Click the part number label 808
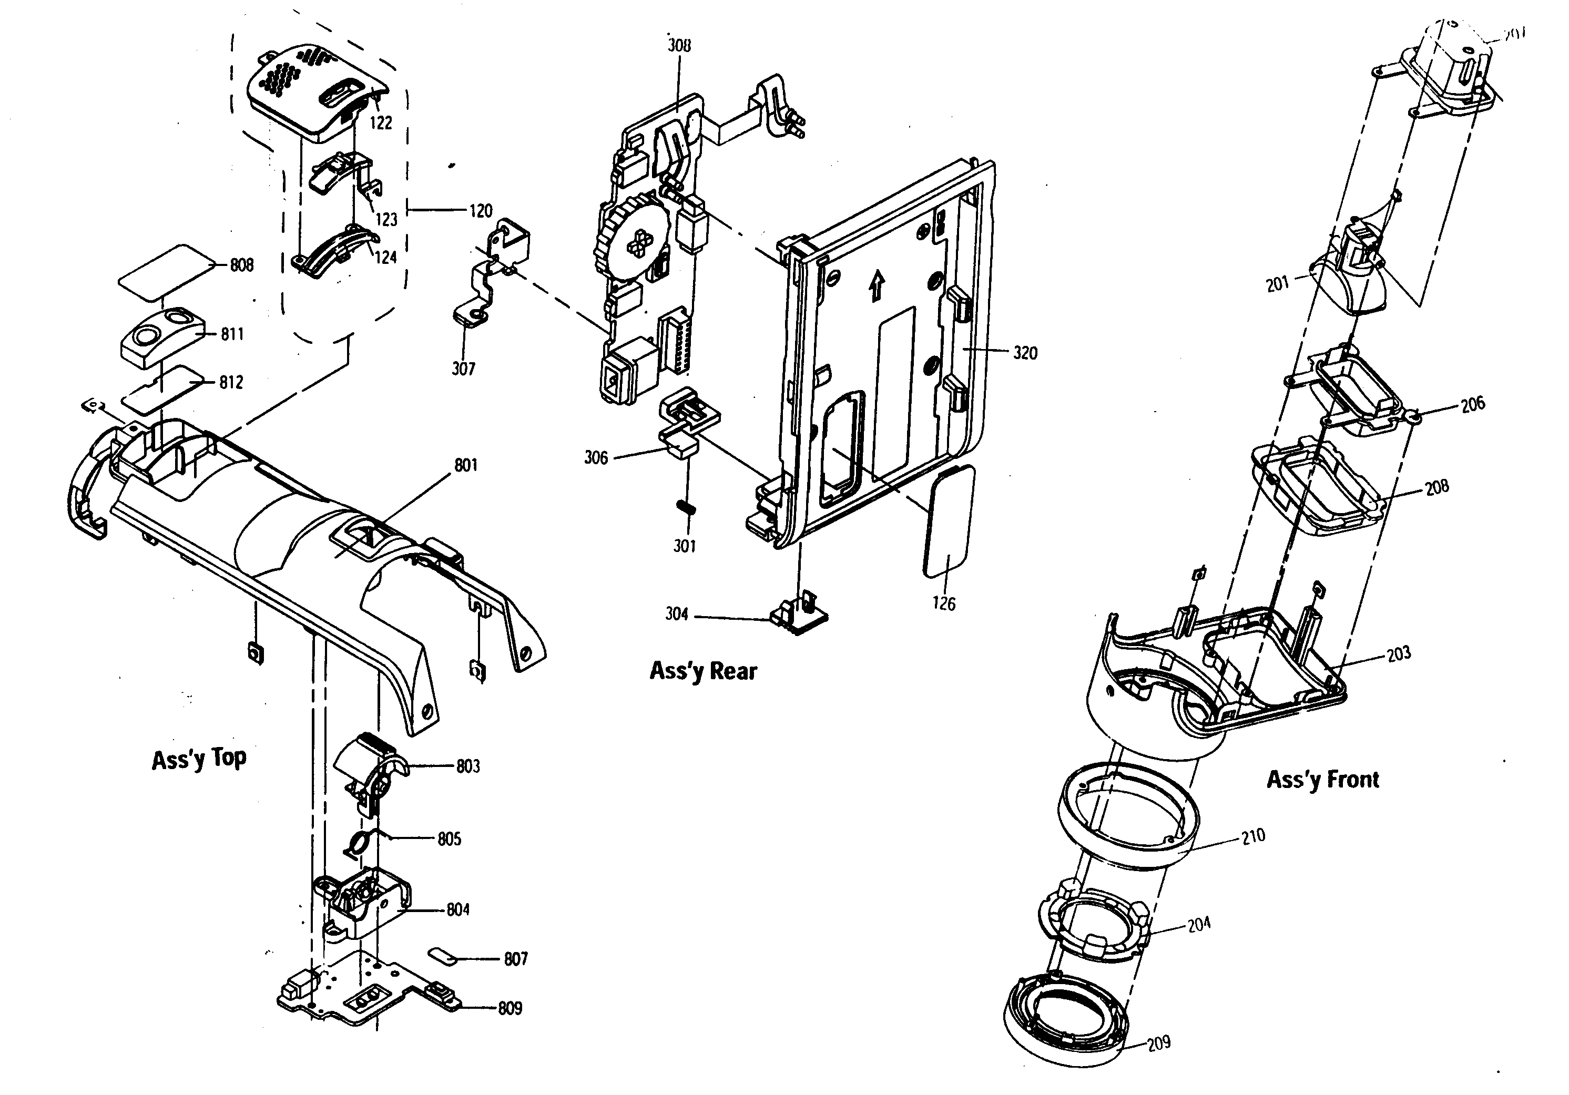[x=241, y=265]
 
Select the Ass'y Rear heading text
[x=703, y=671]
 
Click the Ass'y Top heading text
[x=199, y=759]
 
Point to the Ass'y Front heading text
[x=1322, y=780]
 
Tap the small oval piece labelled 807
[x=444, y=955]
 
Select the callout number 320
[x=1024, y=353]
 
